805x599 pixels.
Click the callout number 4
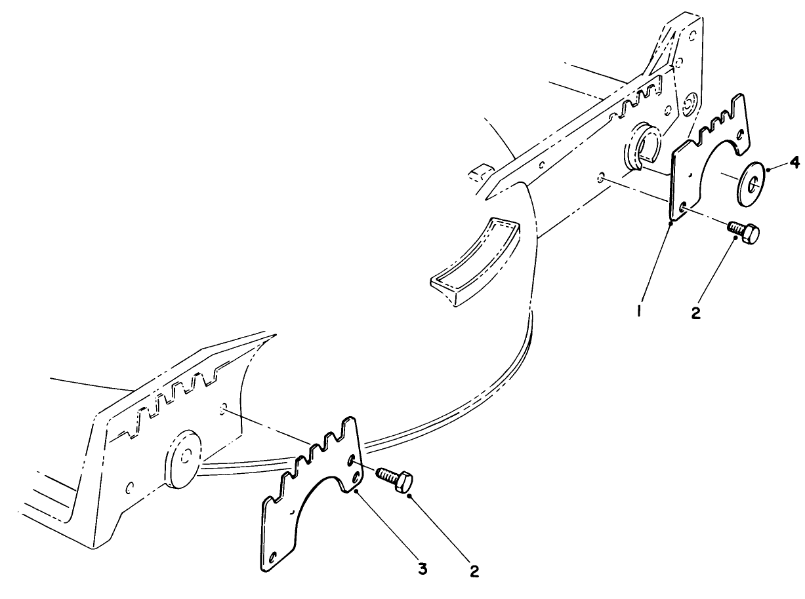click(794, 163)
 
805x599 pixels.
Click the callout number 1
click(639, 311)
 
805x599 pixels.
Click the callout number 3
click(422, 569)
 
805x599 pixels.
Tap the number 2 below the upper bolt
click(695, 312)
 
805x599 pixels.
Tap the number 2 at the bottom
click(474, 571)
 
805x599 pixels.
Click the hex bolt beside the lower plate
click(394, 480)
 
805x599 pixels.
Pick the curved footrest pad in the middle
click(475, 261)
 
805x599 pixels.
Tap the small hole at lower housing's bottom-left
click(129, 488)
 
